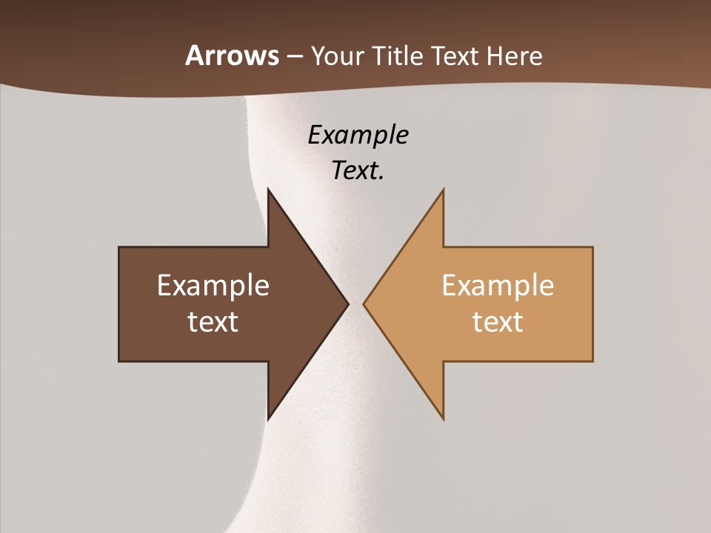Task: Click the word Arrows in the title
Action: [x=232, y=56]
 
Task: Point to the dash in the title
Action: [x=294, y=56]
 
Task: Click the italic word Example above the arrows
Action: [x=358, y=135]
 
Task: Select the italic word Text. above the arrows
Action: [x=358, y=171]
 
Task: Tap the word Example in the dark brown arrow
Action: [x=213, y=286]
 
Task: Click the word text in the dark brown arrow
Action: [x=213, y=322]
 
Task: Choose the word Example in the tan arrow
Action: [x=498, y=286]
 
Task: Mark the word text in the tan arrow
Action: [x=498, y=322]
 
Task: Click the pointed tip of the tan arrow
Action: [x=364, y=304]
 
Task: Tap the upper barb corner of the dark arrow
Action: [x=269, y=191]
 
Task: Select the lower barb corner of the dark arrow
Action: [x=269, y=418]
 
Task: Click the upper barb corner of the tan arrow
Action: [x=443, y=191]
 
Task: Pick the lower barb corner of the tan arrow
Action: [x=443, y=418]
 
